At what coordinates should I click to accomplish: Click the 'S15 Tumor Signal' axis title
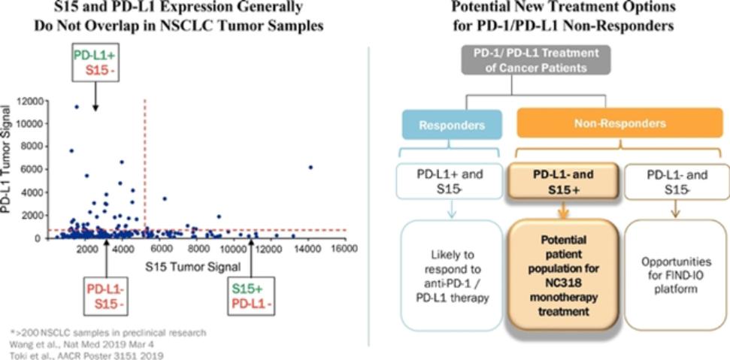click(x=194, y=265)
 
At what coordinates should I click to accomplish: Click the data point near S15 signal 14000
click(x=310, y=167)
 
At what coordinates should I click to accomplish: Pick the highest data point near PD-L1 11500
click(x=76, y=107)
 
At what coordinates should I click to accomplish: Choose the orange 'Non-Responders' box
click(x=618, y=123)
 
